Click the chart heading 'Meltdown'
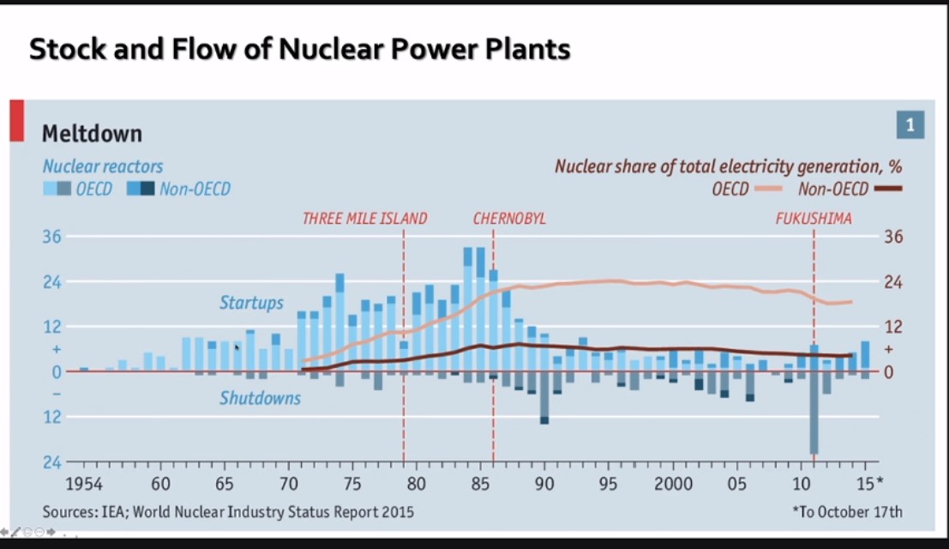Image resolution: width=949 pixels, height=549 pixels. click(x=92, y=134)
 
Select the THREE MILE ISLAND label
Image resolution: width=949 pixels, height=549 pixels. click(x=364, y=219)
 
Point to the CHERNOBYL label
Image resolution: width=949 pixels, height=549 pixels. click(x=509, y=219)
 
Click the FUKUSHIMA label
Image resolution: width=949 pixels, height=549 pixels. click(x=814, y=219)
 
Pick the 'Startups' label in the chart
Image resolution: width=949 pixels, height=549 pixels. click(x=251, y=303)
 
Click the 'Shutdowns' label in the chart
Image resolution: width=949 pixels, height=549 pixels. click(x=260, y=398)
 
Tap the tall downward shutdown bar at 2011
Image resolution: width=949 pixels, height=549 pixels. click(x=814, y=412)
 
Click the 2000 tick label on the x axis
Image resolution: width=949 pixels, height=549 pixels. click(x=674, y=484)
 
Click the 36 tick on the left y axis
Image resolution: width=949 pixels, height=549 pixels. click(x=51, y=237)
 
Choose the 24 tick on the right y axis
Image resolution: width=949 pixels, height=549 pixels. click(x=893, y=282)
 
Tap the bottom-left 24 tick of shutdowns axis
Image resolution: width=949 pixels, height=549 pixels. click(x=51, y=462)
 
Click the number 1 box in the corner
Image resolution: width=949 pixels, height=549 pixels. click(x=910, y=126)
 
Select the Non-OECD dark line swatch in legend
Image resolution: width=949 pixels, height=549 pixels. click(x=889, y=189)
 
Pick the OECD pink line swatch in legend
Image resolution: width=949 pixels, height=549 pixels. click(x=772, y=189)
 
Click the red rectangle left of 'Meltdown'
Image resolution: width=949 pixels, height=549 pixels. click(x=16, y=120)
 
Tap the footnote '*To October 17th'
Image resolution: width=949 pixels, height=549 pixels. click(x=847, y=512)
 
